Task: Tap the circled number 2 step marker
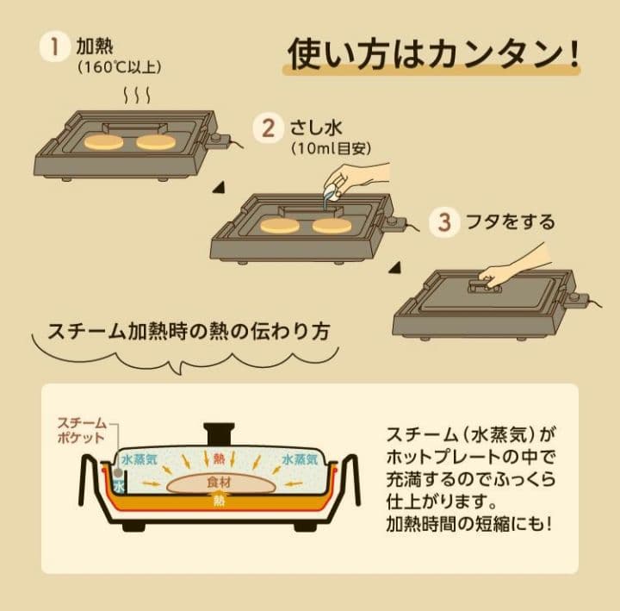268,128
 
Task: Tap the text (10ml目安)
332,149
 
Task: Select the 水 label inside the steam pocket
118,486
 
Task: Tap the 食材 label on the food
219,483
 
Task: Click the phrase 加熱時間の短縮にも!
468,522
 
